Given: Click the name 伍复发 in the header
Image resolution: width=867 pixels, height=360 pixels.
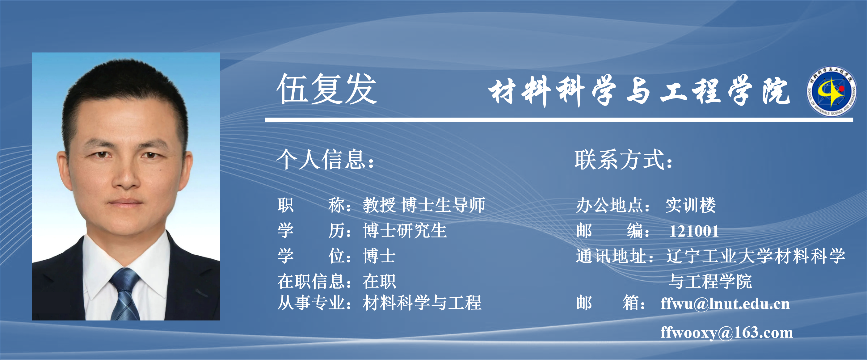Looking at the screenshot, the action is [326, 89].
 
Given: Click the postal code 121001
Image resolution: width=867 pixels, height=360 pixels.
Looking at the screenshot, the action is [694, 231].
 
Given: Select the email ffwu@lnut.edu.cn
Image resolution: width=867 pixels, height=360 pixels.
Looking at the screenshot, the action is [725, 303].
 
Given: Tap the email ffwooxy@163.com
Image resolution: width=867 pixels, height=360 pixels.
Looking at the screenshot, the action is [727, 333].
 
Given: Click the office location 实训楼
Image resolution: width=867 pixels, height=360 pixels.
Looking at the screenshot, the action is [691, 205].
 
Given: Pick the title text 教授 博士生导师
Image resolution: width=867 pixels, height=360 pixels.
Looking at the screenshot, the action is [424, 205].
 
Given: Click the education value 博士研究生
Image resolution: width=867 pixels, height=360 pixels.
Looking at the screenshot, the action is [405, 231].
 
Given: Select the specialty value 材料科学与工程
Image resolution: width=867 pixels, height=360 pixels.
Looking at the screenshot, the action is [422, 302].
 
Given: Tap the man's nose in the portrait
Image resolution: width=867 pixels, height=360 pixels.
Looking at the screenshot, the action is [127, 175].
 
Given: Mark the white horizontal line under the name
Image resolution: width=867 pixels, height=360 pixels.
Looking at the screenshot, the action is [559, 119].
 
